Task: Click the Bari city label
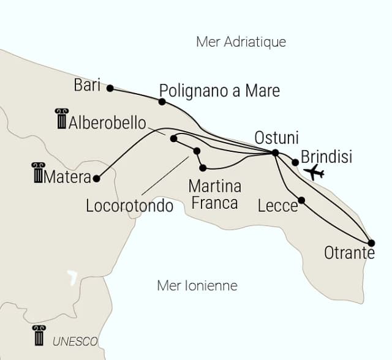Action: coord(86,85)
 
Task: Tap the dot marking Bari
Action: coord(110,88)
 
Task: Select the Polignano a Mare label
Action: coord(219,91)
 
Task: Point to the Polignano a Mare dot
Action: coord(162,102)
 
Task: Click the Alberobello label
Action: coord(108,122)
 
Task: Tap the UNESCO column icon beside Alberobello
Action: coord(61,119)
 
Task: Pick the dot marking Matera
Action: coord(96,179)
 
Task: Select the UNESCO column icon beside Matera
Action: coord(38,173)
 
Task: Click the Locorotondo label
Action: coord(130,206)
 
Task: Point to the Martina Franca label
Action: coord(214,193)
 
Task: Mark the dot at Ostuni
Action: coord(275,152)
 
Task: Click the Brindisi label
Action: coord(327,157)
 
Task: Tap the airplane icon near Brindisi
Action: coord(314,172)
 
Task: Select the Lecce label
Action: coord(277,206)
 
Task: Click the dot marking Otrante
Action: coord(371,243)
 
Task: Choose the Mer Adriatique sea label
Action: coord(241,42)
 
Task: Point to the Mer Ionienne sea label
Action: coord(197,285)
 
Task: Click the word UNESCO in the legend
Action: coord(75,341)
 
